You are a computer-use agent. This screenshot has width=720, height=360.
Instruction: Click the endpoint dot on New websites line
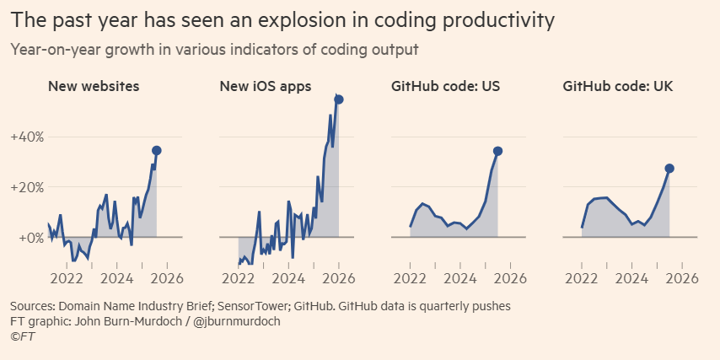tap(156, 150)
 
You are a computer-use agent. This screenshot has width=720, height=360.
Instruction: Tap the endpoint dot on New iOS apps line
tap(339, 99)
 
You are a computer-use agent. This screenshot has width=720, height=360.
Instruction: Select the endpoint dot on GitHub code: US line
tap(497, 151)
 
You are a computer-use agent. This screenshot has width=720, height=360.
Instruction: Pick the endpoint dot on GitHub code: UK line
tap(669, 169)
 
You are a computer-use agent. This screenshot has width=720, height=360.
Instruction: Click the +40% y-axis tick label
tap(27, 137)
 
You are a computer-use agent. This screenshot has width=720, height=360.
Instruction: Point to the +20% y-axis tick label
tap(27, 187)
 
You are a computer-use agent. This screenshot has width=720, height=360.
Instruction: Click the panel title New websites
tap(94, 86)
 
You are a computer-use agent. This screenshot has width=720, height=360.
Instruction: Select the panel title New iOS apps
tap(266, 86)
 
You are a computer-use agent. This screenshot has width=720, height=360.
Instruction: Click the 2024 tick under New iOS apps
tap(289, 278)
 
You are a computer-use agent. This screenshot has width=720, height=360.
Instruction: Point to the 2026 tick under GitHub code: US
tap(511, 278)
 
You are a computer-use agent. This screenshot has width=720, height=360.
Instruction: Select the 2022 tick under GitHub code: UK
tap(582, 278)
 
